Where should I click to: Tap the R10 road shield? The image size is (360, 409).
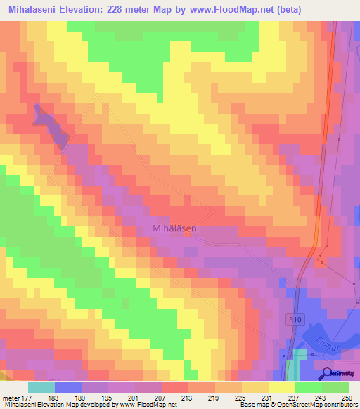[x=294, y=319]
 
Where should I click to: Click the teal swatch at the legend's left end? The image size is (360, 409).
[x=41, y=387]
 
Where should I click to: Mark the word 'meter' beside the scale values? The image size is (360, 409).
[x=11, y=398]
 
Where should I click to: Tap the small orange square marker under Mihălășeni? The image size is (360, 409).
[x=186, y=235]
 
